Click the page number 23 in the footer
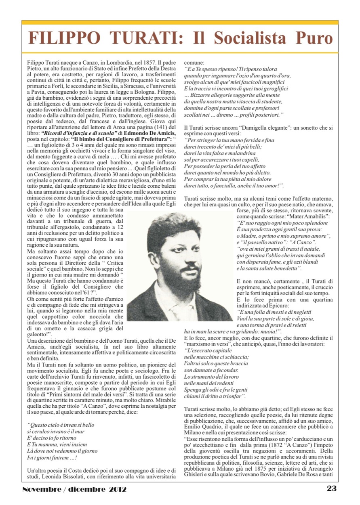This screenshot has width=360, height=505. pos(332,488)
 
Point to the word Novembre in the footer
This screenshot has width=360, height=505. pos(41,489)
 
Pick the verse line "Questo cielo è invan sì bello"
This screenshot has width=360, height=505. pos(60,425)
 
